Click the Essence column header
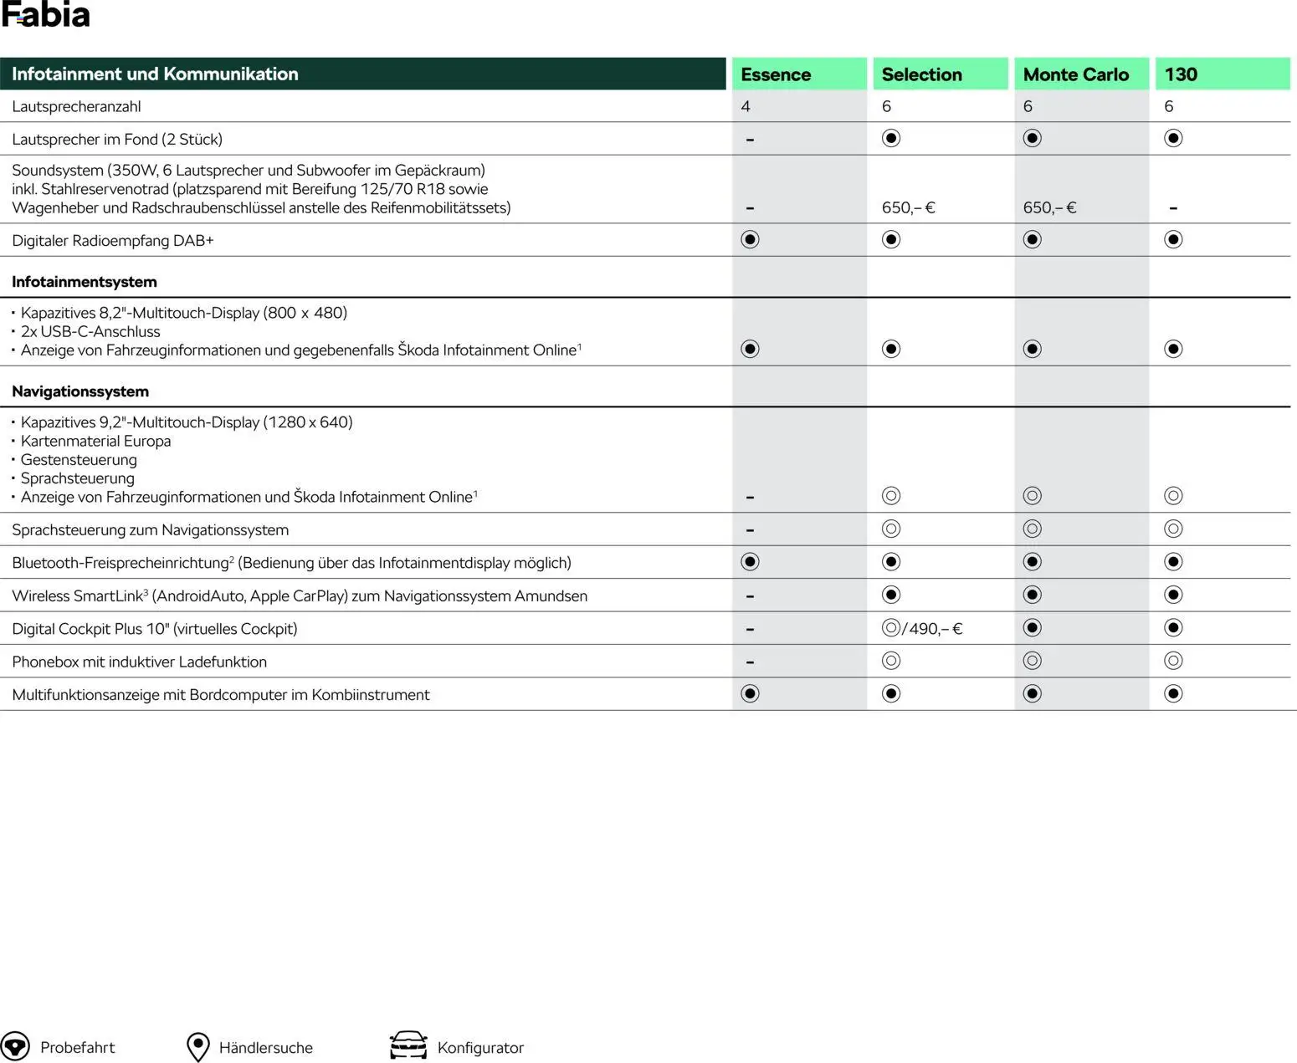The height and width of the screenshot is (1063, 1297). [776, 74]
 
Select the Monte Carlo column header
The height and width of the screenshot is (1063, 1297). [1075, 74]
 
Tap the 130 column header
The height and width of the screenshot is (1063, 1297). [1181, 74]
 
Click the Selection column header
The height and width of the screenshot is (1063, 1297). [921, 74]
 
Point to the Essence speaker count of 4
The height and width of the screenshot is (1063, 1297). [746, 106]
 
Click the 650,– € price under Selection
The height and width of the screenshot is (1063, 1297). [908, 207]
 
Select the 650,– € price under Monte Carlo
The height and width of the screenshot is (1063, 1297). [1049, 207]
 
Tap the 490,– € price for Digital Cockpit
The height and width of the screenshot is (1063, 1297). [936, 629]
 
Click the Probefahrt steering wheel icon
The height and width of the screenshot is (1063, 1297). [15, 1047]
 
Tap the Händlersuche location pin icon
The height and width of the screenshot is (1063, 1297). [197, 1047]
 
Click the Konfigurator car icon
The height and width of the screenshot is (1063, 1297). [408, 1045]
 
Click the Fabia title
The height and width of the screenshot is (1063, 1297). [45, 15]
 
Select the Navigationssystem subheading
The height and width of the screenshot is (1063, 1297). [80, 391]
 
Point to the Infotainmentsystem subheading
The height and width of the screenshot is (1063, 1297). [85, 282]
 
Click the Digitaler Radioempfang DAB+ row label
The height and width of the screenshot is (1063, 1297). [113, 241]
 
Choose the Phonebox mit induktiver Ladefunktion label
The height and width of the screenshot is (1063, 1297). [139, 662]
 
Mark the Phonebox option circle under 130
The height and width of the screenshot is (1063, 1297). [1173, 662]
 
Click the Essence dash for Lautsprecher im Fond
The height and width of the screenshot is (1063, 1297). [750, 140]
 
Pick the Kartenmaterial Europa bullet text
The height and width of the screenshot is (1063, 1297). [95, 441]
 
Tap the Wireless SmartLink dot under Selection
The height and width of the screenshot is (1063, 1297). [891, 595]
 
